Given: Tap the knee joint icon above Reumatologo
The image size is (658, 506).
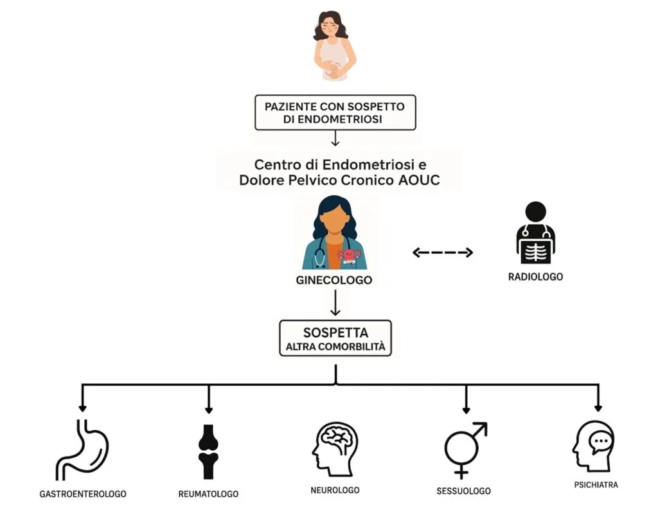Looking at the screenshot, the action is (209, 451).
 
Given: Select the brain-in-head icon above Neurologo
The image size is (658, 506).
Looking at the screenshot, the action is (335, 449).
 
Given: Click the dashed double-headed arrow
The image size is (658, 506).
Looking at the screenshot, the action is (443, 252).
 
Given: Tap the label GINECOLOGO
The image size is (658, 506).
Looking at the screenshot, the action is (334, 280).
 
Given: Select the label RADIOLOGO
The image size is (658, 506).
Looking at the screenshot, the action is (535, 277).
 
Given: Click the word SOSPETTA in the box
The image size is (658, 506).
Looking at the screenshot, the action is (335, 333).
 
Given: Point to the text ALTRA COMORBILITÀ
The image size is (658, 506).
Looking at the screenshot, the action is (335, 347).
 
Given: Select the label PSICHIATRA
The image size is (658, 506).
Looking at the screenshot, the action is (596, 485).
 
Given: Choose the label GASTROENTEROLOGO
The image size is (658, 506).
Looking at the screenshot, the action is (83, 494).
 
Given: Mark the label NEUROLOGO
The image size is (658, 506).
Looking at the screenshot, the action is (335, 490).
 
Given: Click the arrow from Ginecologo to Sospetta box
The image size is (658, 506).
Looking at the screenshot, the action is (335, 302).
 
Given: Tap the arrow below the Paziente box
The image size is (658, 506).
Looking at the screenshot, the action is (335, 138).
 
